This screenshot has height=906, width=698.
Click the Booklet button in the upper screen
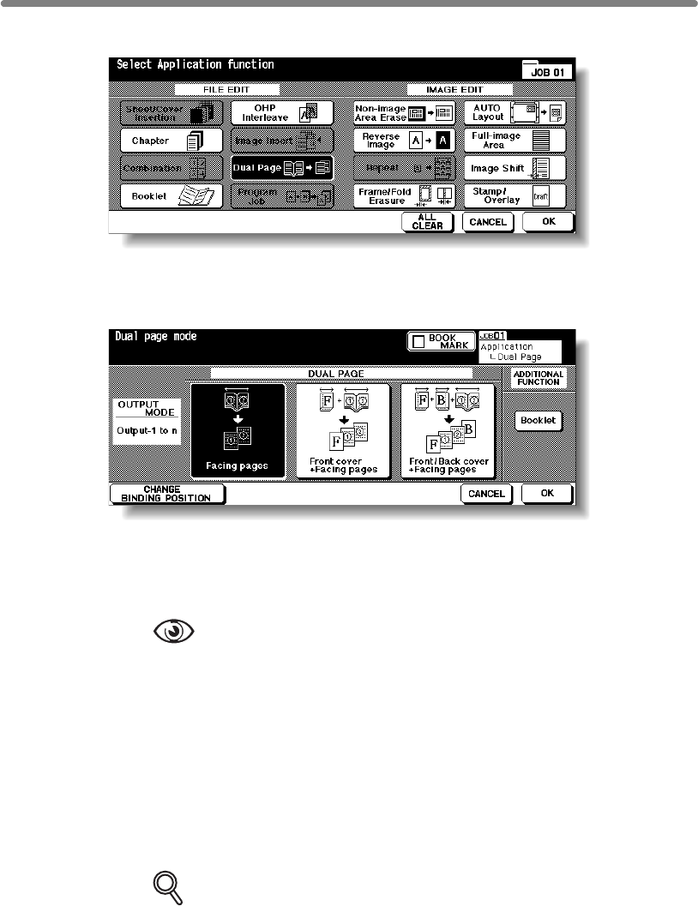(165, 195)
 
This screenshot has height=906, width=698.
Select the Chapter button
(165, 140)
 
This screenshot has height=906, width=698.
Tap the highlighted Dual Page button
(281, 167)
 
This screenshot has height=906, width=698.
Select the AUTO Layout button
(514, 112)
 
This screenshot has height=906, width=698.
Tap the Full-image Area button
(514, 140)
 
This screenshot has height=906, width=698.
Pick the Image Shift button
(514, 168)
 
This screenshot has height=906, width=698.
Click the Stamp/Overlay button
(514, 195)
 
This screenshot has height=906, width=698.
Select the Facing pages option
(238, 429)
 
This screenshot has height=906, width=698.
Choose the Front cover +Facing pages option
(343, 429)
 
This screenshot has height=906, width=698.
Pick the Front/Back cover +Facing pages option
(448, 429)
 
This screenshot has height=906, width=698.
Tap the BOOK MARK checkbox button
(441, 341)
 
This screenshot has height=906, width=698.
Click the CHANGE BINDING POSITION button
(167, 494)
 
